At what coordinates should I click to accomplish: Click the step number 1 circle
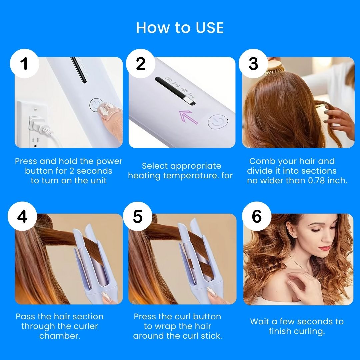pos(25,63)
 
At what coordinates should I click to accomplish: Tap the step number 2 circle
pos(141,63)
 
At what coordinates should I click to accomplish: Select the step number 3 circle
pos(253,63)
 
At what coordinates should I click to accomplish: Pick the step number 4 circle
pos(22,216)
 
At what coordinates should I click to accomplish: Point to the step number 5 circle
pos(138,216)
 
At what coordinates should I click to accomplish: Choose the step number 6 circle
pos(257,216)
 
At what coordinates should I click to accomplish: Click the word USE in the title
pos(210,28)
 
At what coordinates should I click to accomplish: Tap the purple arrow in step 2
pos(188,117)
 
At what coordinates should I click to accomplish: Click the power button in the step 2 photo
pos(218,122)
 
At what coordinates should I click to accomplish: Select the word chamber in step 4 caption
pos(60,336)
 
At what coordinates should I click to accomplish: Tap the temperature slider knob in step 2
pos(189,100)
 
